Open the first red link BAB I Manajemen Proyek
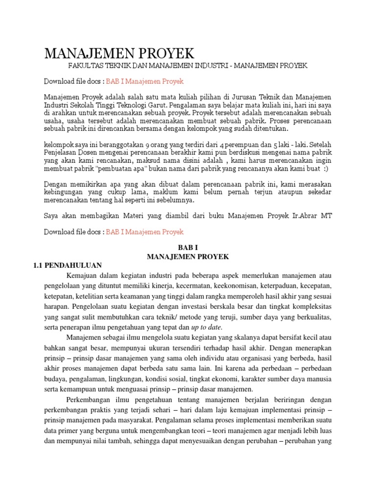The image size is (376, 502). coord(145,81)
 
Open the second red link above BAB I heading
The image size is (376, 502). coord(145,231)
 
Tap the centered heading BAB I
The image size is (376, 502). coord(188,248)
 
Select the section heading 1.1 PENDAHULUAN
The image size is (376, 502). coord(64,265)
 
